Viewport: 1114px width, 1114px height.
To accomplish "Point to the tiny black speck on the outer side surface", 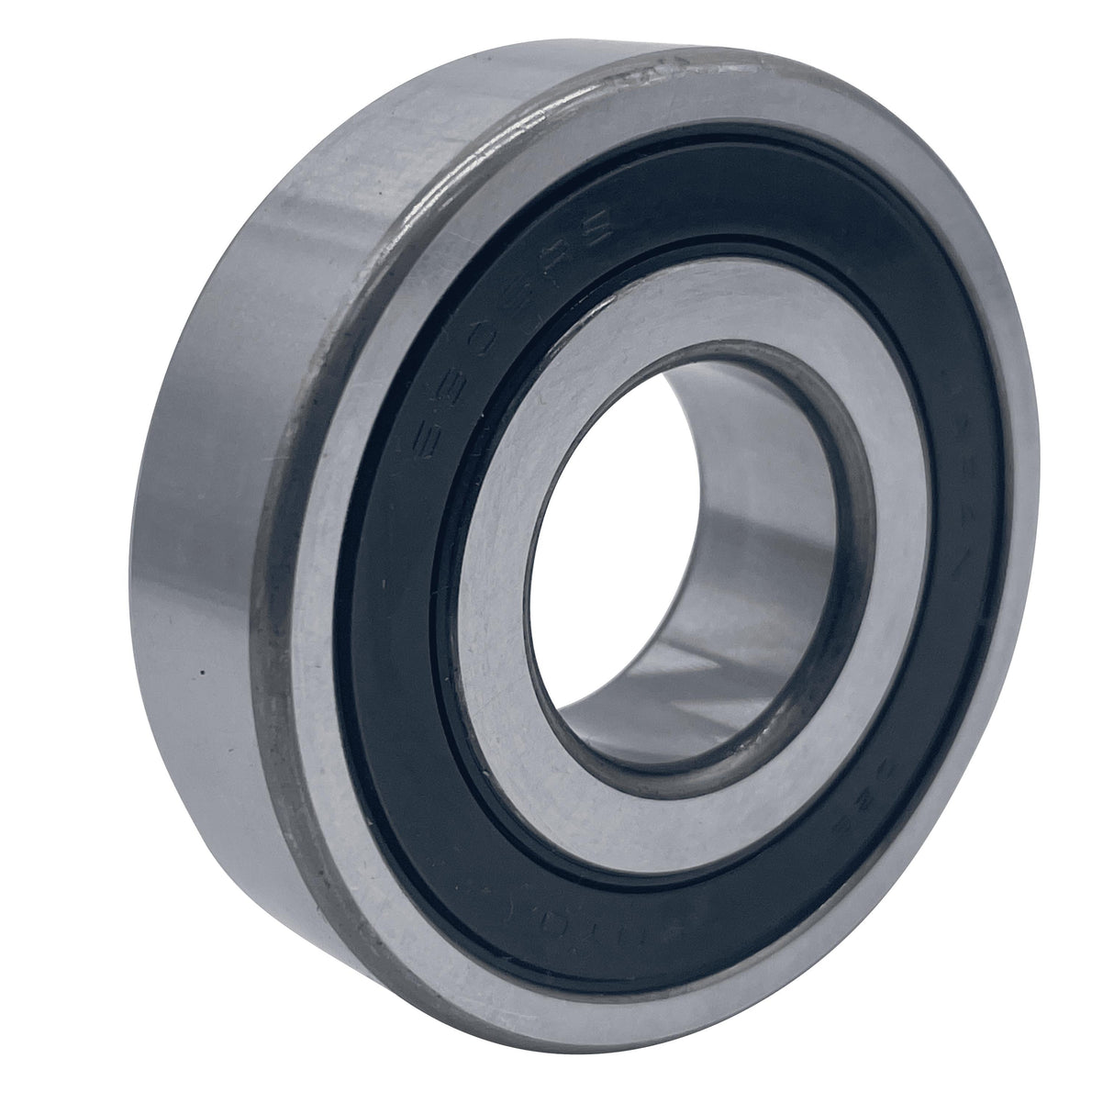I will pyautogui.click(x=201, y=677).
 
